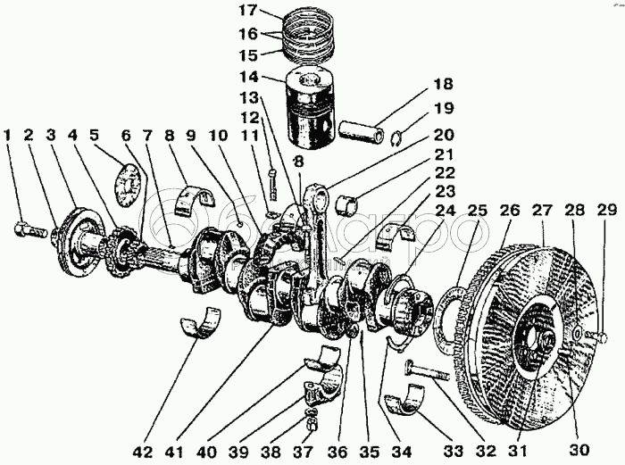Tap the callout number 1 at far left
point(8,136)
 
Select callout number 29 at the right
point(606,211)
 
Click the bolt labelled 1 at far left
point(29,230)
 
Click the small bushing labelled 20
point(347,203)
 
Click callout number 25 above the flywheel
point(477,211)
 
